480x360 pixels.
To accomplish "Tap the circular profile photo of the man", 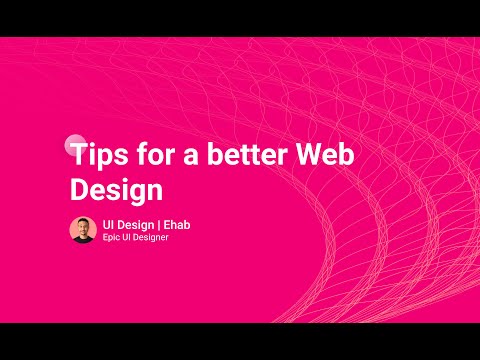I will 82,229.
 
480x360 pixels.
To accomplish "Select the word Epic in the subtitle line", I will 112,238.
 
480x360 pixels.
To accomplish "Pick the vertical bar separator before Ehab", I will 159,224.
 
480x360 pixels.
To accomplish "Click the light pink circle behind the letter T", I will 72,143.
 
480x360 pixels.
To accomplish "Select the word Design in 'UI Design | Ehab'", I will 135,224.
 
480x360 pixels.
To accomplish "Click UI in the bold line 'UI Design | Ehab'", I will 108,224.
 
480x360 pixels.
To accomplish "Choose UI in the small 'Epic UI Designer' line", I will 128,238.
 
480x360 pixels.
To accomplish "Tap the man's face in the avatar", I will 82,226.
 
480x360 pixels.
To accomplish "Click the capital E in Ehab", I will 166,224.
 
